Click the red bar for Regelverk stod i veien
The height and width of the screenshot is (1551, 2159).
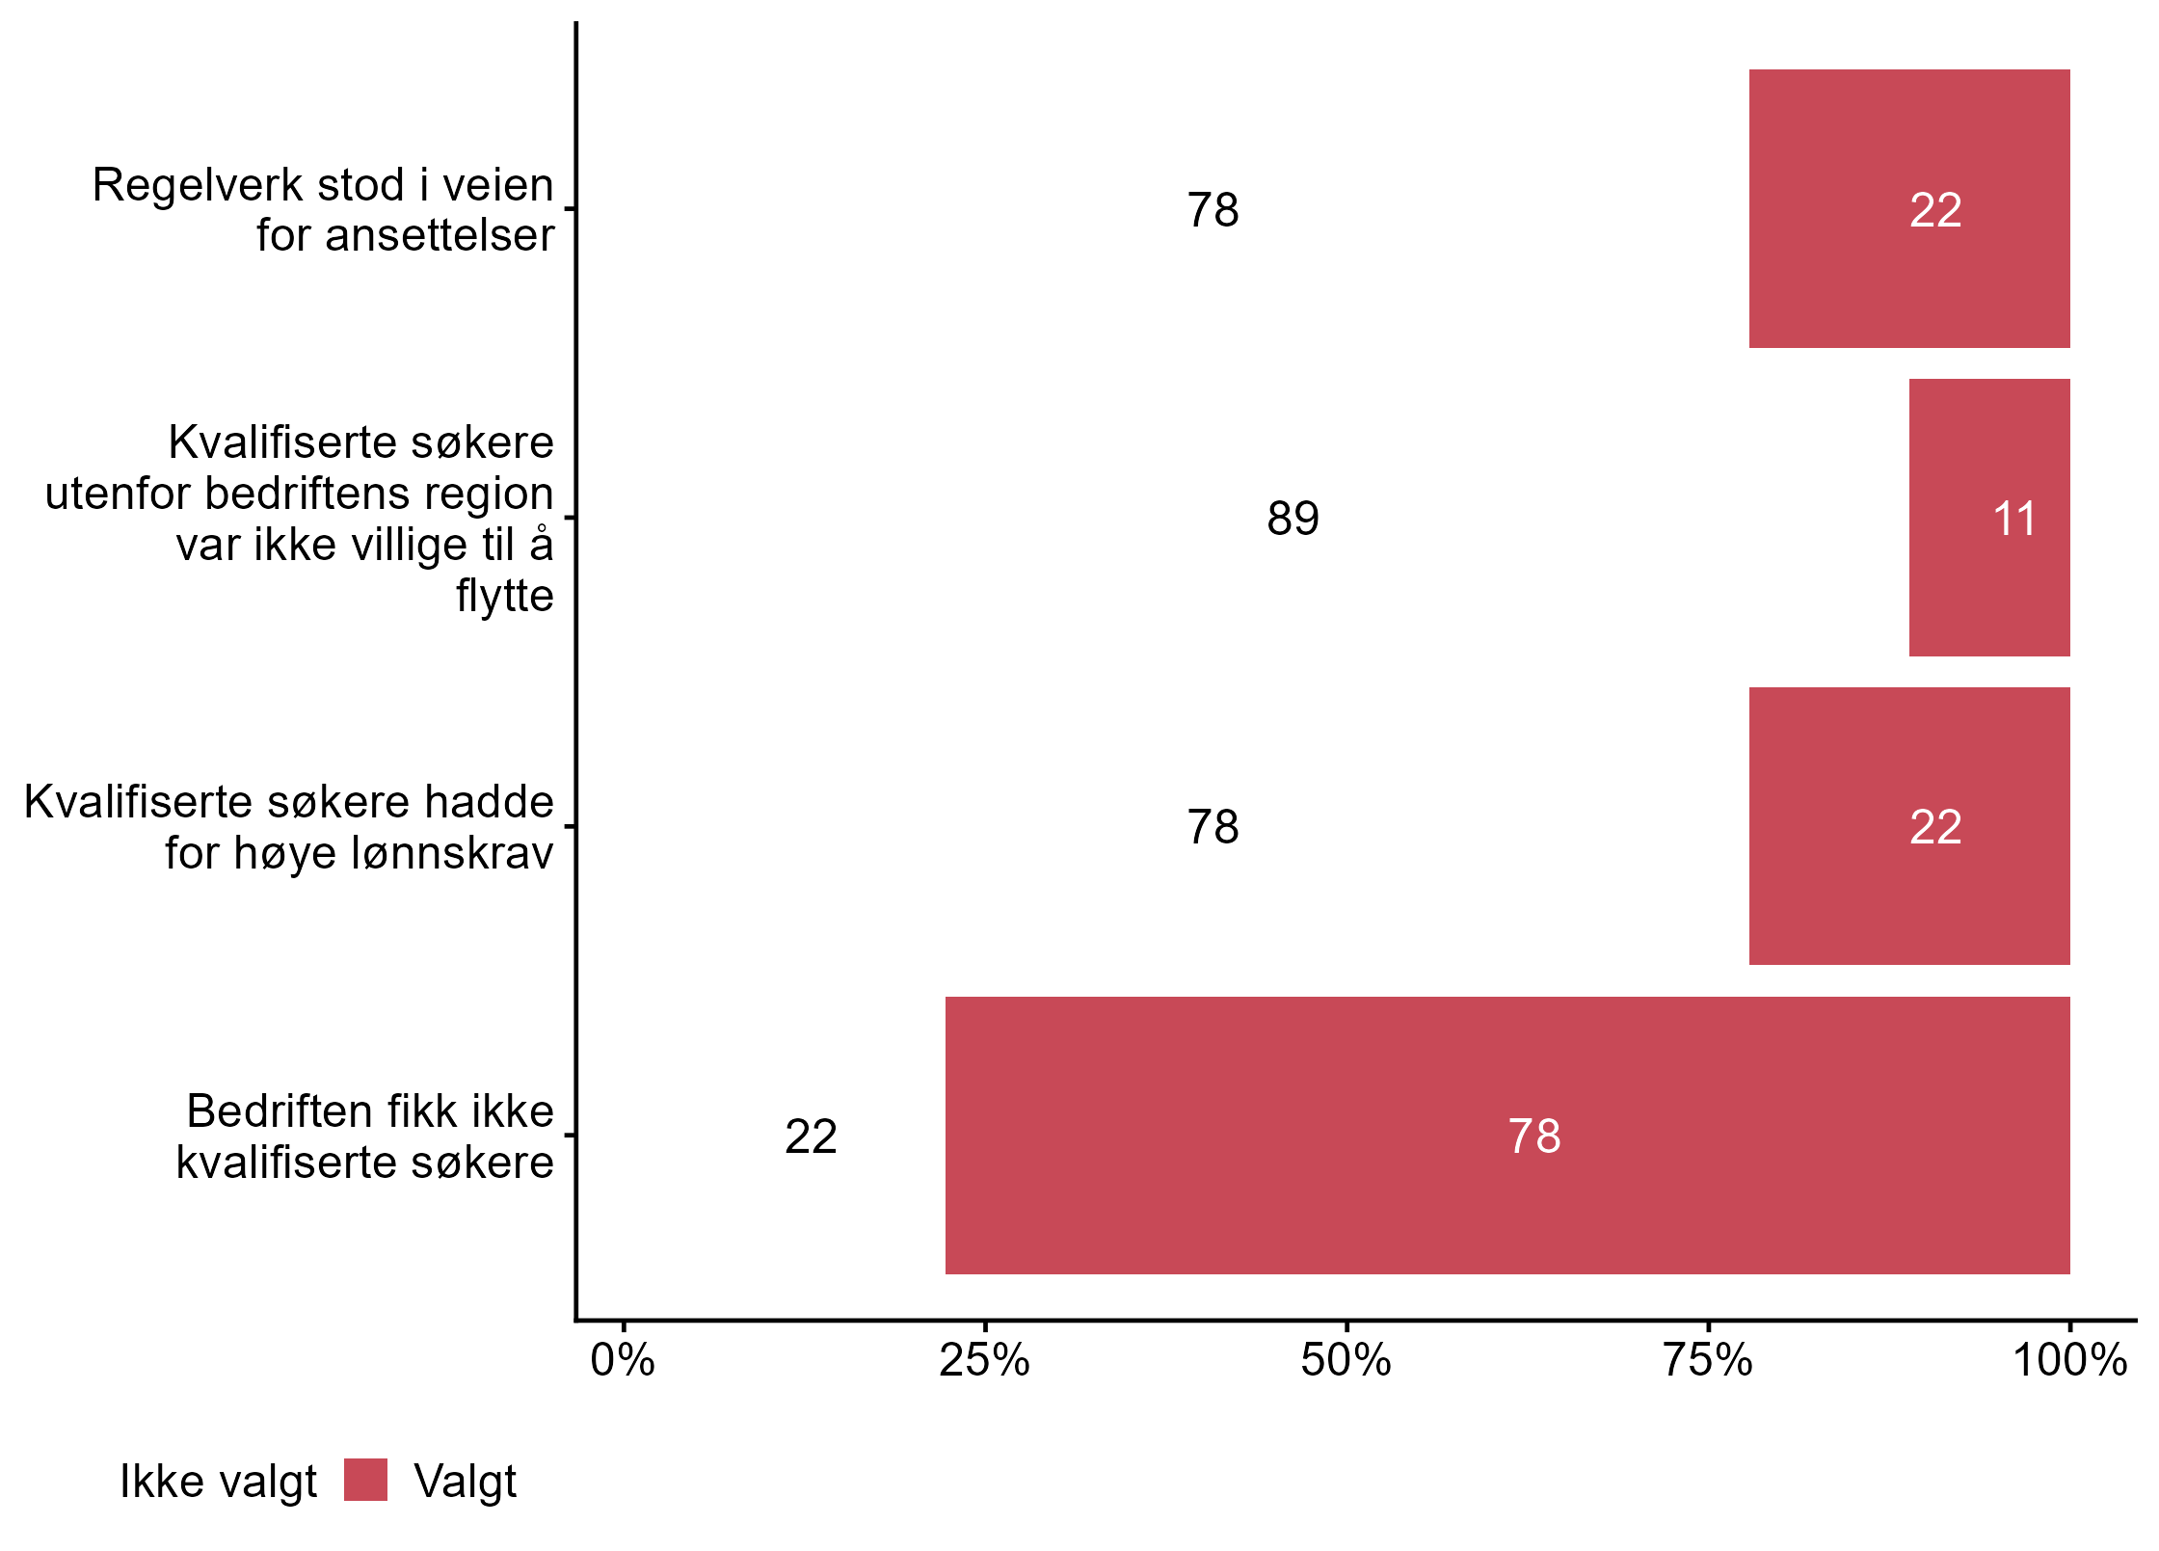[x=1908, y=208]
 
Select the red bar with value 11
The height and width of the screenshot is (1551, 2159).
[x=1988, y=518]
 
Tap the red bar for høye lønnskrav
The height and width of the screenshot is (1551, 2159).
[x=1908, y=826]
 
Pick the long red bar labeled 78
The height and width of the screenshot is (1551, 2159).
[x=1506, y=1135]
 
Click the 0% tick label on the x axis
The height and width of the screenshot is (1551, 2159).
[x=623, y=1361]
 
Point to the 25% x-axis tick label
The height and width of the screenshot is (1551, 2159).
[x=984, y=1361]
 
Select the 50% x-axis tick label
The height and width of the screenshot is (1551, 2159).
[x=1346, y=1361]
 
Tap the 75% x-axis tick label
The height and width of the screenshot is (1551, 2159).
[x=1707, y=1361]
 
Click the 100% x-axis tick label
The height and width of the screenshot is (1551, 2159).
[x=2069, y=1361]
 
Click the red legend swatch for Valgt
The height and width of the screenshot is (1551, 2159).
[x=365, y=1480]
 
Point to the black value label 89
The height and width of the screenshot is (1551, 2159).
[x=1293, y=519]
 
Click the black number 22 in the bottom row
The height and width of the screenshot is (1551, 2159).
[x=811, y=1137]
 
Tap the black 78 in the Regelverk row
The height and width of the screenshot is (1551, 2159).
[x=1213, y=210]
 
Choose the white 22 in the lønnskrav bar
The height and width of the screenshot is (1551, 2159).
[x=1935, y=827]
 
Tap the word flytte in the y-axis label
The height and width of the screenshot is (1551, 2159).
[x=504, y=596]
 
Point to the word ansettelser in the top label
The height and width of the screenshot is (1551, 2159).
[x=440, y=235]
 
